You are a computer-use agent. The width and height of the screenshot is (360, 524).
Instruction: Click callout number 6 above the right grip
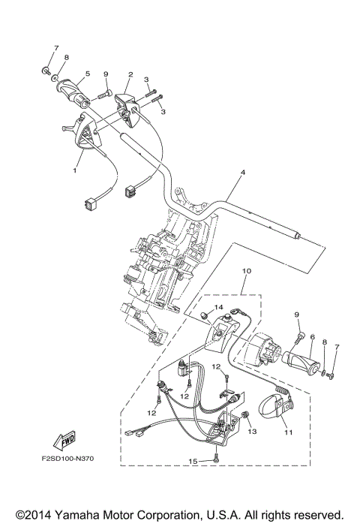(x=311, y=318)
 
